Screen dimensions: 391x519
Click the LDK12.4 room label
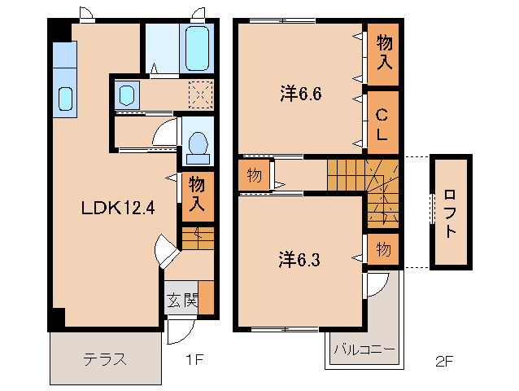[x=117, y=208]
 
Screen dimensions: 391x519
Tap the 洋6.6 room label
[x=302, y=94]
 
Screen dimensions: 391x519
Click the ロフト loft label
[x=450, y=212]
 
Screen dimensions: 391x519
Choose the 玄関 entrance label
[x=183, y=300]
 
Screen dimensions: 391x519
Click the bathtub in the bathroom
[x=198, y=48]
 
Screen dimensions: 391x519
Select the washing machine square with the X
[x=200, y=94]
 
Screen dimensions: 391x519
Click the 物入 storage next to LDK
[x=196, y=195]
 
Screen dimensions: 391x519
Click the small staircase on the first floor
[x=196, y=238]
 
